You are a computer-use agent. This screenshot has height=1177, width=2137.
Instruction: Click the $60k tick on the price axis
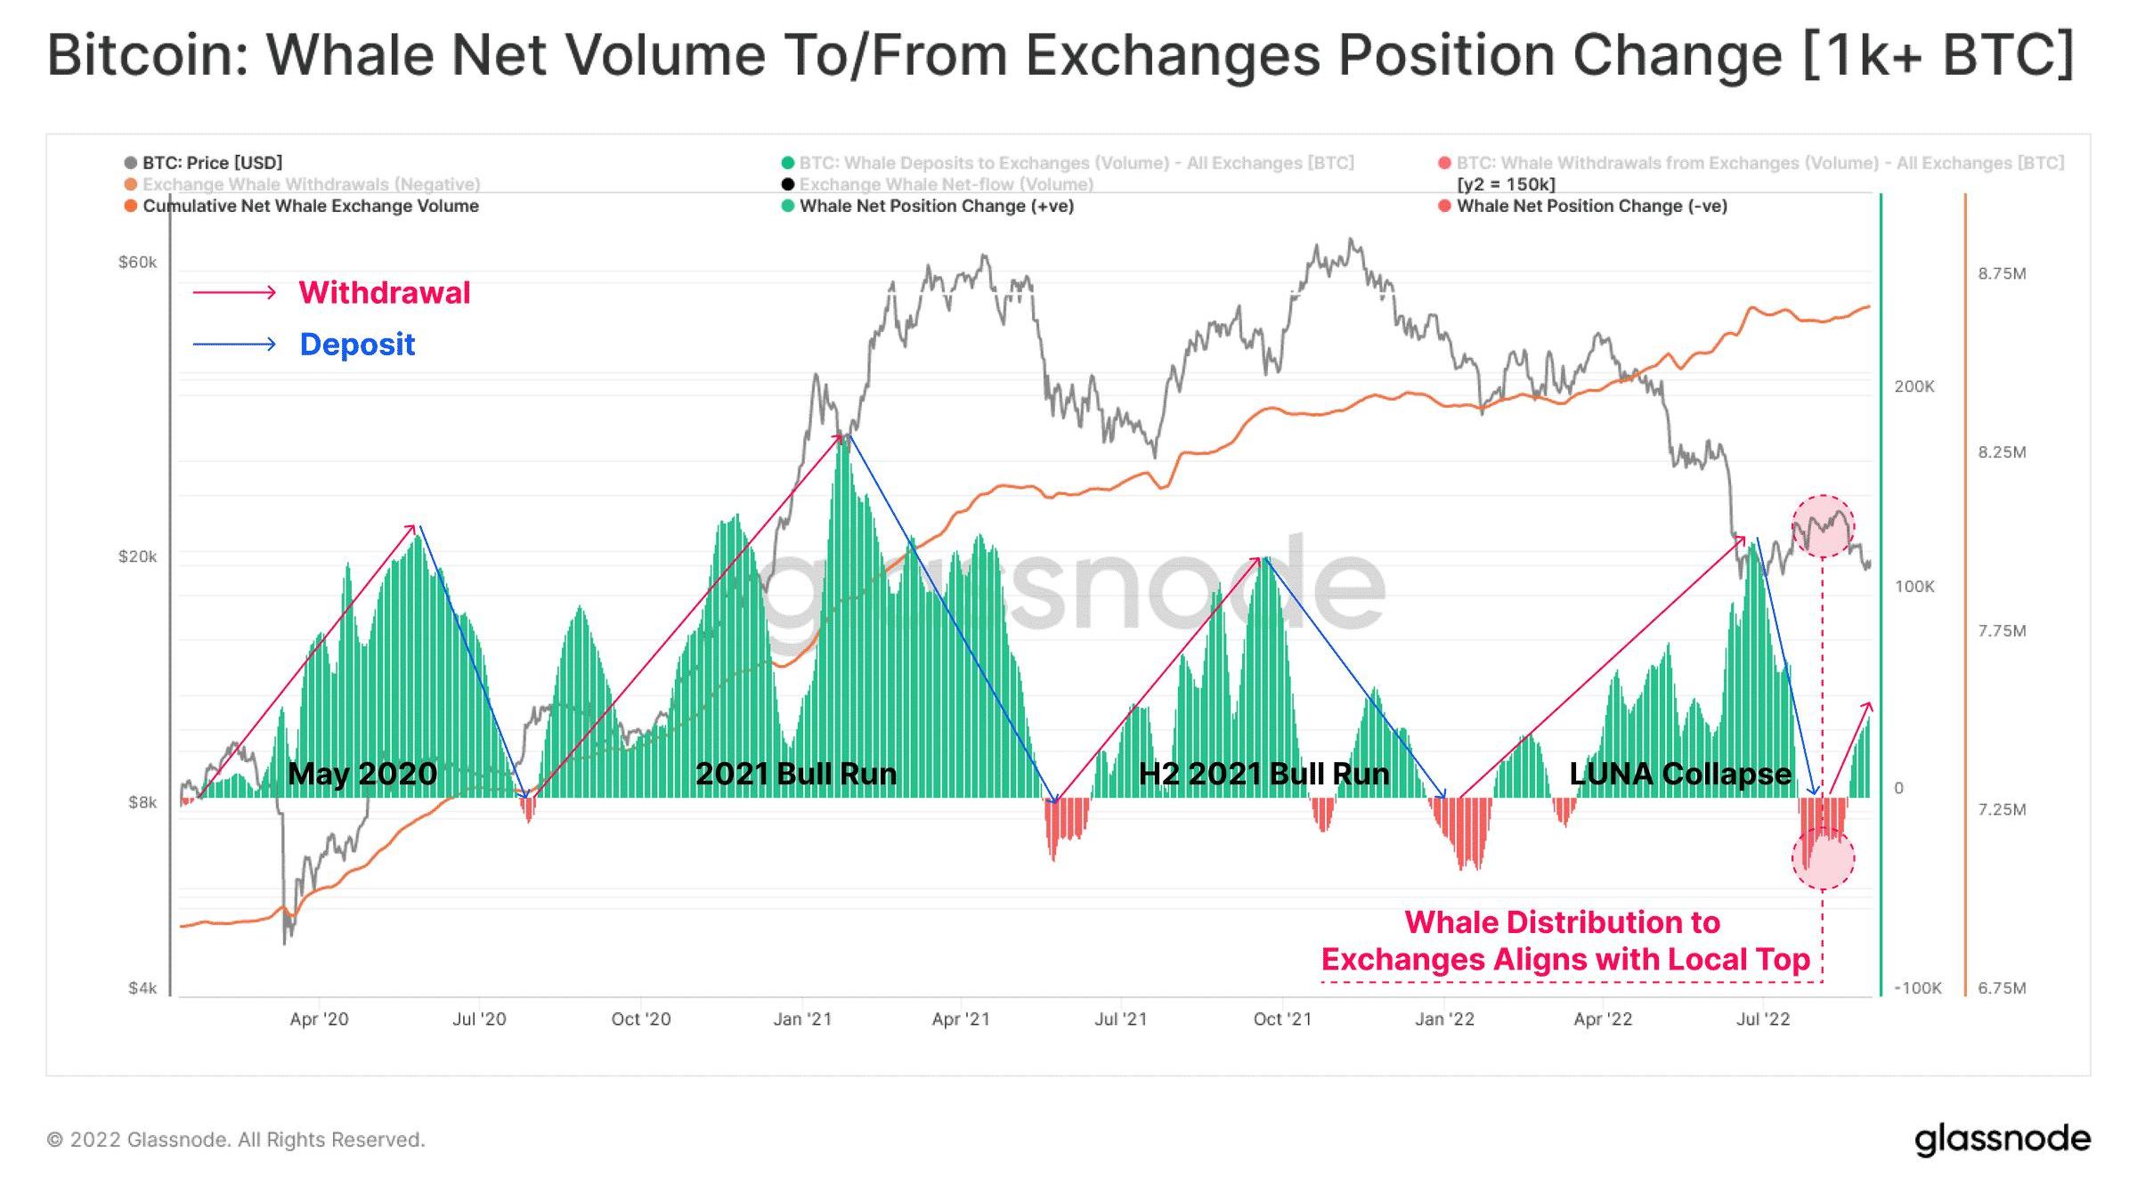[137, 263]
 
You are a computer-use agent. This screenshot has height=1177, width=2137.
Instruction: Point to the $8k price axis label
[142, 802]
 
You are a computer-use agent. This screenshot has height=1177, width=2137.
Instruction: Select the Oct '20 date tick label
[640, 1019]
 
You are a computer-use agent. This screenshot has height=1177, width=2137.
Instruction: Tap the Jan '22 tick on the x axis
[1444, 1019]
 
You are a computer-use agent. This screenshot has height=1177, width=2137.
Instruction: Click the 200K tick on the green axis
[1914, 386]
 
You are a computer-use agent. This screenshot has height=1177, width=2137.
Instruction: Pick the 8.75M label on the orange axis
[2002, 273]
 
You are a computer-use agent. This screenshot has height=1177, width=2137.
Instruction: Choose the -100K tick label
[1917, 988]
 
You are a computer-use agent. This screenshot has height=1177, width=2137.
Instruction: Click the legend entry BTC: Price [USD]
[212, 163]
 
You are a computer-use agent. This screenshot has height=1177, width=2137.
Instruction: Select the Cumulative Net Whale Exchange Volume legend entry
[310, 206]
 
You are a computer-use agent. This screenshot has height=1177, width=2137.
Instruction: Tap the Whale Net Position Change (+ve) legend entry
[936, 206]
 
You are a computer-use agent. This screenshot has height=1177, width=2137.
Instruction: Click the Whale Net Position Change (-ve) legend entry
[1591, 206]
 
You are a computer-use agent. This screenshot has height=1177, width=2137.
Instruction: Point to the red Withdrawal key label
[384, 293]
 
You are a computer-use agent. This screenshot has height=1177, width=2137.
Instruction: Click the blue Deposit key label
[357, 345]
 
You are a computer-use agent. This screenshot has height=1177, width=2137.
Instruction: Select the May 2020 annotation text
[362, 774]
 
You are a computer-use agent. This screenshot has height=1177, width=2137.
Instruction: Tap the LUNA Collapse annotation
[1679, 774]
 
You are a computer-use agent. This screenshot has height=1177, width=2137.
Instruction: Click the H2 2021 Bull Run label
[1264, 774]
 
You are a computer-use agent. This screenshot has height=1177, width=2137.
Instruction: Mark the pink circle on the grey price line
[1823, 526]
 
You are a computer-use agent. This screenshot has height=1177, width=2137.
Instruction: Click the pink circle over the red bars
[1823, 857]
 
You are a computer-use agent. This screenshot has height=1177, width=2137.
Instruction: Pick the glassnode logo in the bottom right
[2002, 1140]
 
